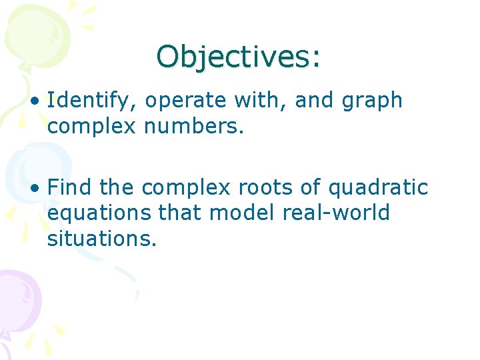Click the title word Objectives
coord(233,57)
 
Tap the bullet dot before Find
coord(35,189)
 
